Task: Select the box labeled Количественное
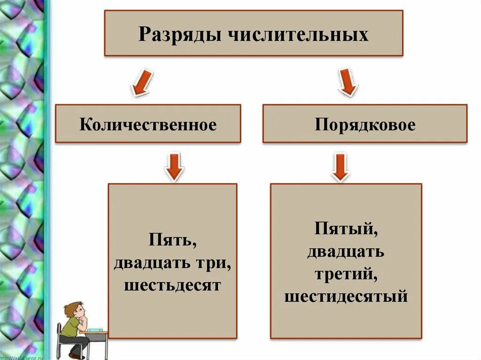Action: coord(148,124)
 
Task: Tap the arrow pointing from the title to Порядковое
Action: coord(347,83)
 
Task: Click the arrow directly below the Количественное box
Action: coord(174,167)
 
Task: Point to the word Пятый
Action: coord(347,230)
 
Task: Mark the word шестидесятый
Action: coord(346,296)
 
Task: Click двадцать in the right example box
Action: coord(346,252)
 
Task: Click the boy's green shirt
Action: coord(70,327)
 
